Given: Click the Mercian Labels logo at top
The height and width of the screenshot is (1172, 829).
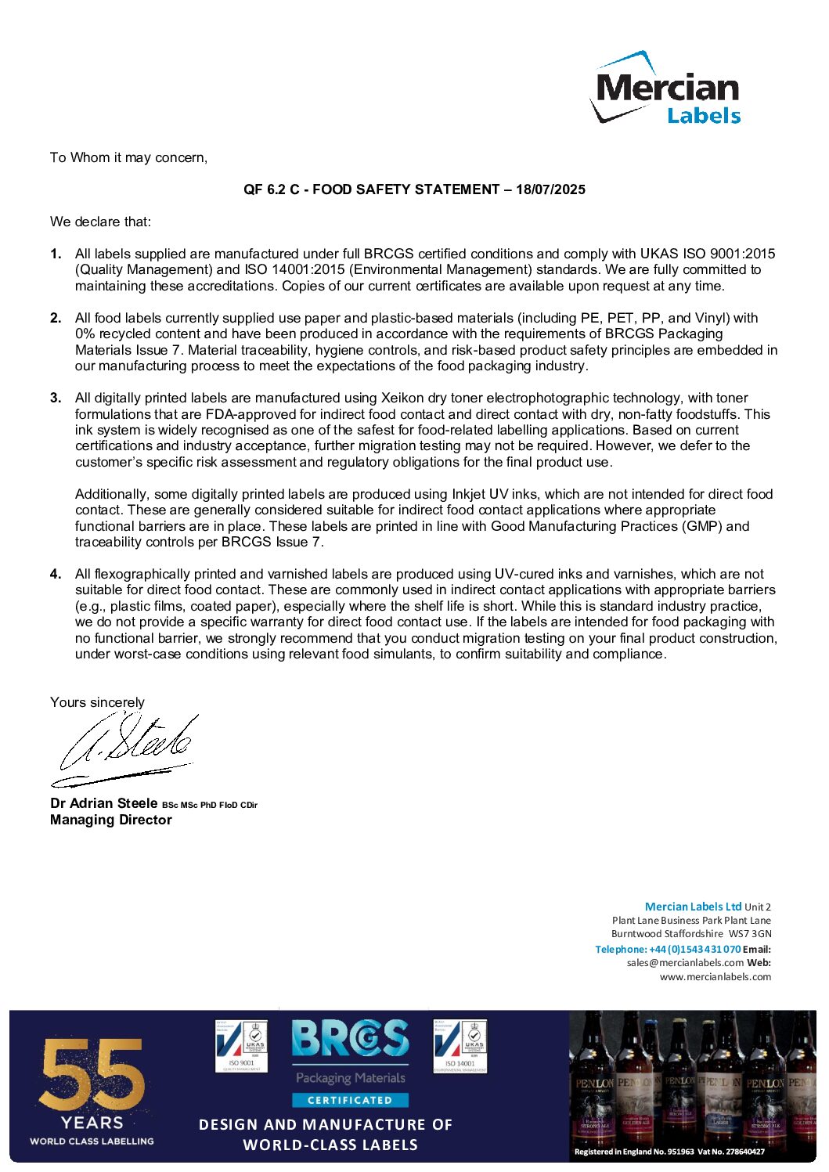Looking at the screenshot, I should point(665,88).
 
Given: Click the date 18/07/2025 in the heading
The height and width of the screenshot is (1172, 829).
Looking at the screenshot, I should point(550,189).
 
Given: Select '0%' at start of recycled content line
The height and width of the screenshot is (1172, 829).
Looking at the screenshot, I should point(85,334).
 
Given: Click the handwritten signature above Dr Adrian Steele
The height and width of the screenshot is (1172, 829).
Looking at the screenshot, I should point(125,748).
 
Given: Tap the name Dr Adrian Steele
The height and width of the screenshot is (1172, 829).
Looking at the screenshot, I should point(104,803).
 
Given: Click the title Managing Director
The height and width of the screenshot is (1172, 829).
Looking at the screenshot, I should point(111,820).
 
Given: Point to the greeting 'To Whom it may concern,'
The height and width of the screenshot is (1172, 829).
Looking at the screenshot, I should point(128,157).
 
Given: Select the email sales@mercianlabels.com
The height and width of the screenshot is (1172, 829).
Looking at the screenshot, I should point(685,963).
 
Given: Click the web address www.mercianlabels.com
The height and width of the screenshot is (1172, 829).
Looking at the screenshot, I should point(715,976).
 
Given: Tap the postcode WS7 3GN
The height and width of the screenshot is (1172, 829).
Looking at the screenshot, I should point(750,934).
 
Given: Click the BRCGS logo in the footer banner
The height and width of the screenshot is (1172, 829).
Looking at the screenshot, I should point(350,1039).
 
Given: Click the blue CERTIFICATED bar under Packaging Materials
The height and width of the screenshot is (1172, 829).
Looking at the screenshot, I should point(350,1100).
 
